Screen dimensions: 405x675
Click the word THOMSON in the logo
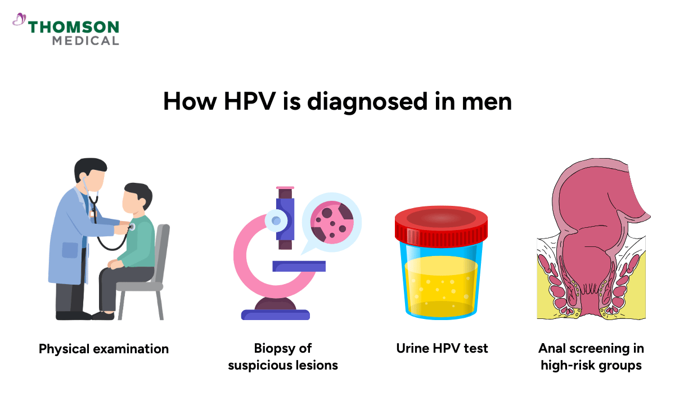click(x=73, y=27)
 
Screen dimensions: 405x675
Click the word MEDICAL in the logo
click(x=85, y=40)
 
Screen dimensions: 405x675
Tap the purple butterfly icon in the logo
click(x=19, y=20)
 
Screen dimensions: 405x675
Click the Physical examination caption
click(x=103, y=349)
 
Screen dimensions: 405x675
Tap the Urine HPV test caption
click(x=442, y=348)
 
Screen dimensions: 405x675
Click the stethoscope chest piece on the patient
click(x=132, y=227)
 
